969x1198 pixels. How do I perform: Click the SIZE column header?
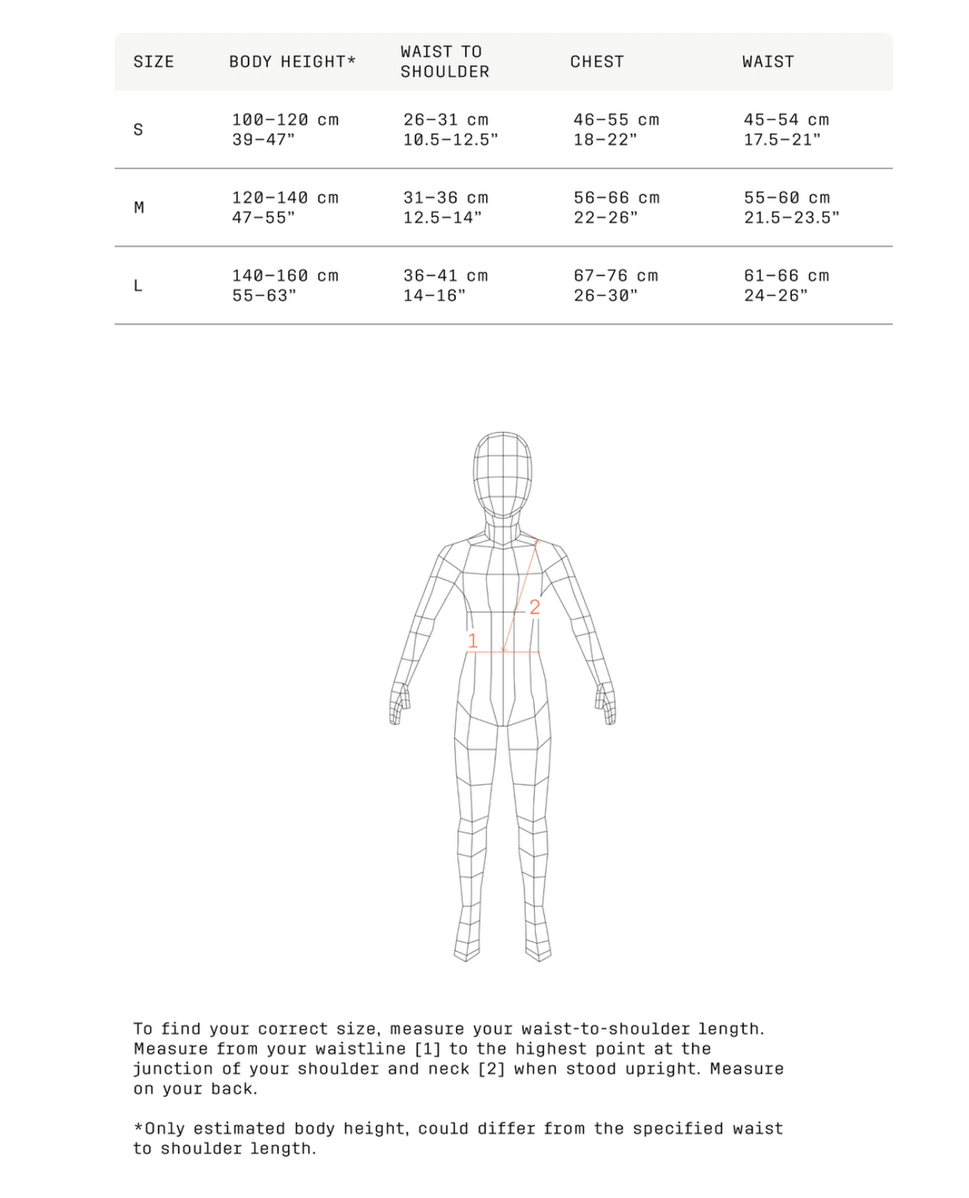click(153, 61)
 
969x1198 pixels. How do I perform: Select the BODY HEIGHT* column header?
click(292, 61)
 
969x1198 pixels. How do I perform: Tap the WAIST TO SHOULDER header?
click(445, 61)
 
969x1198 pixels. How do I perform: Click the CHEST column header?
click(597, 61)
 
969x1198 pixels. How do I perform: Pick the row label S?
click(138, 129)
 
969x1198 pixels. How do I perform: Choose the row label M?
click(139, 208)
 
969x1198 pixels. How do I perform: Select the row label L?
click(138, 286)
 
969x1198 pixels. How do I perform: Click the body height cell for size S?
click(285, 129)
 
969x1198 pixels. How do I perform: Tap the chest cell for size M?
click(616, 208)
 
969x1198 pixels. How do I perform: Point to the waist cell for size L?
click(786, 286)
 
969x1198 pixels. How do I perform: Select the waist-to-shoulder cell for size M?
click(445, 208)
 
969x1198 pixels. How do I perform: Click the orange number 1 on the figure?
click(473, 641)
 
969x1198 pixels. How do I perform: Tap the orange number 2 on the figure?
click(535, 607)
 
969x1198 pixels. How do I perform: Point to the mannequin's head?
click(502, 471)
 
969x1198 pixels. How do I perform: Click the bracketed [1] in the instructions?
click(427, 1049)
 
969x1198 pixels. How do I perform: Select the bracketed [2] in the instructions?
click(491, 1069)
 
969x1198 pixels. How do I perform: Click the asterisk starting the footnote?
click(138, 1128)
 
